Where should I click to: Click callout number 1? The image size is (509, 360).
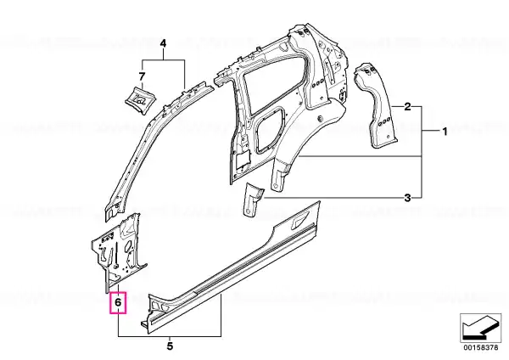pyautogui.click(x=445, y=132)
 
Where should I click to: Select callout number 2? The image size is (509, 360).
pyautogui.click(x=407, y=107)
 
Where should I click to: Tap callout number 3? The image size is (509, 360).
pyautogui.click(x=407, y=198)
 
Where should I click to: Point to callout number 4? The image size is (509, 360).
pyautogui.click(x=163, y=43)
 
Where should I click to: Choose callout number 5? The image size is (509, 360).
pyautogui.click(x=170, y=346)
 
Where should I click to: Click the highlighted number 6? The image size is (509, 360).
pyautogui.click(x=118, y=303)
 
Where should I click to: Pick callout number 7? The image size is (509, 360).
pyautogui.click(x=142, y=77)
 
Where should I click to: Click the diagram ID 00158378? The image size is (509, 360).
pyautogui.click(x=480, y=347)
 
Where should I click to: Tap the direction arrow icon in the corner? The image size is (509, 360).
pyautogui.click(x=480, y=328)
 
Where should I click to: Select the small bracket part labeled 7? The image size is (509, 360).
pyautogui.click(x=140, y=98)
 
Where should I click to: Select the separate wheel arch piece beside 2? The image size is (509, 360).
pyautogui.click(x=376, y=105)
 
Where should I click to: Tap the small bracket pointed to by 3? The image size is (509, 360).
pyautogui.click(x=252, y=199)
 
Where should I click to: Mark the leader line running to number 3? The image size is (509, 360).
pyautogui.click(x=333, y=198)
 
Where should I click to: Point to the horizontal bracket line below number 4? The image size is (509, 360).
pyautogui.click(x=163, y=59)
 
